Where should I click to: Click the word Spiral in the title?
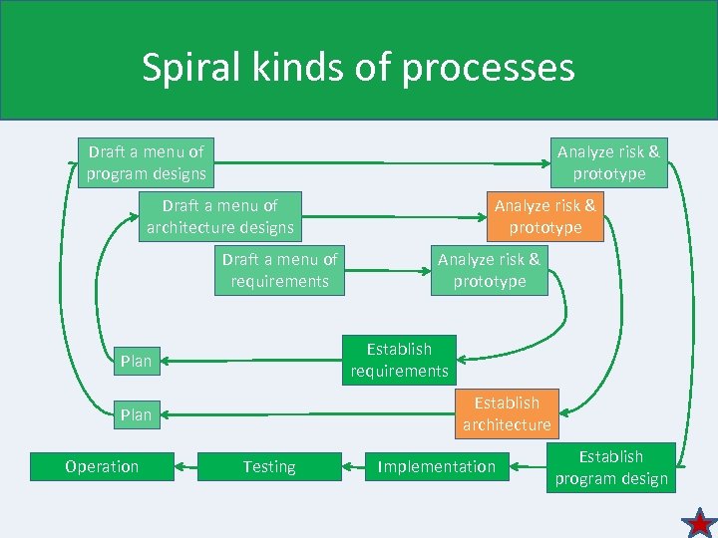[x=189, y=68]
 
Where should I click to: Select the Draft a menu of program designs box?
[x=146, y=162]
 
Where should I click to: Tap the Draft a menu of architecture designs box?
[x=220, y=216]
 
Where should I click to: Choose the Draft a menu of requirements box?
[x=279, y=270]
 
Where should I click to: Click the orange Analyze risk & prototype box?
[x=544, y=216]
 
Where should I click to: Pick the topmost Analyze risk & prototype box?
[x=608, y=162]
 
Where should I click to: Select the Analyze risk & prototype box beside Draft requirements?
[x=489, y=270]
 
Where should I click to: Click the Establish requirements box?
[x=399, y=360]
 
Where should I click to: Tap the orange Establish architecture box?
[x=507, y=413]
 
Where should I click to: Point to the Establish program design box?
[x=611, y=467]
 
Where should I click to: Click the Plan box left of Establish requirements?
[x=136, y=361]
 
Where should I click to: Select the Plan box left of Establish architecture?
[x=136, y=414]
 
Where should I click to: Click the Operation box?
[x=102, y=466]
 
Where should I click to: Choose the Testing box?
[x=269, y=466]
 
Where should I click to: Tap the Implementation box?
[x=436, y=466]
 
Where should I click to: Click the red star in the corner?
[x=700, y=522]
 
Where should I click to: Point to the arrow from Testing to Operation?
[x=185, y=466]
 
